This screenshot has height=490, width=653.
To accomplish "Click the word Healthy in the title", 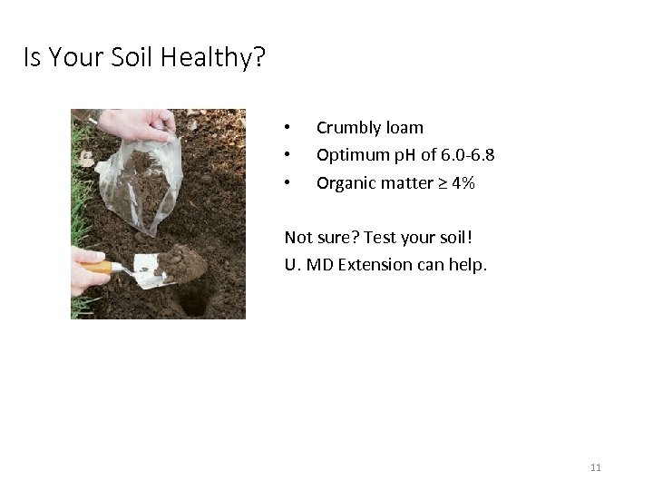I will tap(215, 59).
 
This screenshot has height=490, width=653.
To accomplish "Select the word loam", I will tap(403, 128).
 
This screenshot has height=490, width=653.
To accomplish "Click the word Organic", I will tap(345, 182).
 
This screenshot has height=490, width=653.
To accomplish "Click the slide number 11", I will tap(596, 467).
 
